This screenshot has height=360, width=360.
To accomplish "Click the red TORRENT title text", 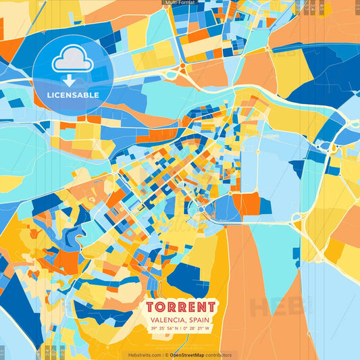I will (x=180, y=306).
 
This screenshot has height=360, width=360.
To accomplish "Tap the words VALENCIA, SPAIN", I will (x=180, y=319).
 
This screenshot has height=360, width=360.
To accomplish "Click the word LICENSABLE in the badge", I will (x=72, y=95).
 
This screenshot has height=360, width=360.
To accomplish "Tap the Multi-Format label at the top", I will (x=180, y=3).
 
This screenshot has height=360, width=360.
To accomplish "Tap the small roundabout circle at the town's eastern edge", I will (x=201, y=209).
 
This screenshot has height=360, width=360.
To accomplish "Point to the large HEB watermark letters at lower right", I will (x=270, y=307).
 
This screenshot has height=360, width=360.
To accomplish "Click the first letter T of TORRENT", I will (x=151, y=306).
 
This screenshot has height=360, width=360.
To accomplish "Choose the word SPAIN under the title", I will (x=201, y=319).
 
